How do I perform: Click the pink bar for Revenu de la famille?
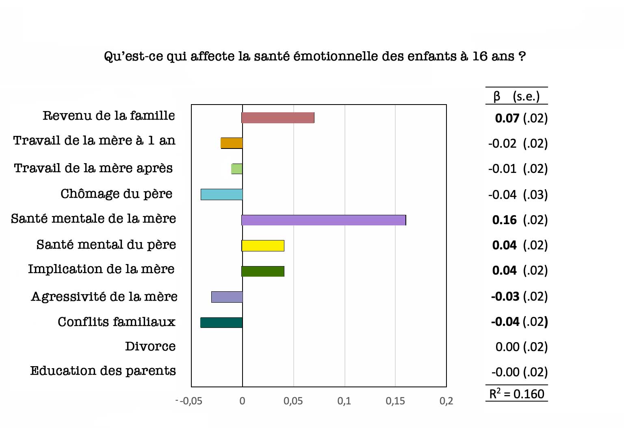[x=278, y=118]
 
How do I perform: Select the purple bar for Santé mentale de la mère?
[x=324, y=220]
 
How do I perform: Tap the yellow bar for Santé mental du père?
[x=263, y=246]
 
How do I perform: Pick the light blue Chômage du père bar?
[x=222, y=194]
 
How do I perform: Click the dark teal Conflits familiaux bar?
[x=221, y=323]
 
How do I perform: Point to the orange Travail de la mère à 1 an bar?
[x=232, y=143]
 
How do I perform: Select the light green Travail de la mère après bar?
[x=237, y=169]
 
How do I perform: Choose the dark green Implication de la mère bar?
[x=263, y=271]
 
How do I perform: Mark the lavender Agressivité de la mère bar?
[x=227, y=297]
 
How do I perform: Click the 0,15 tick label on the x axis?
[x=395, y=401]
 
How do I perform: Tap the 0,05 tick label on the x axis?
[x=293, y=401]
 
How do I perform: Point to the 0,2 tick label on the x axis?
[x=446, y=401]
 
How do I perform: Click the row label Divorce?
[x=150, y=346]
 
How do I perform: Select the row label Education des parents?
[x=103, y=371]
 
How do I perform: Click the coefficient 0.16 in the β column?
[x=504, y=220]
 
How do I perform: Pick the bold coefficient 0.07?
[x=507, y=118]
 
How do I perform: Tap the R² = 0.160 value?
[x=516, y=394]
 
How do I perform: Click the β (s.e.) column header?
[x=516, y=96]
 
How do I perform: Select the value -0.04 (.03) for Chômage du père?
[x=518, y=195]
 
